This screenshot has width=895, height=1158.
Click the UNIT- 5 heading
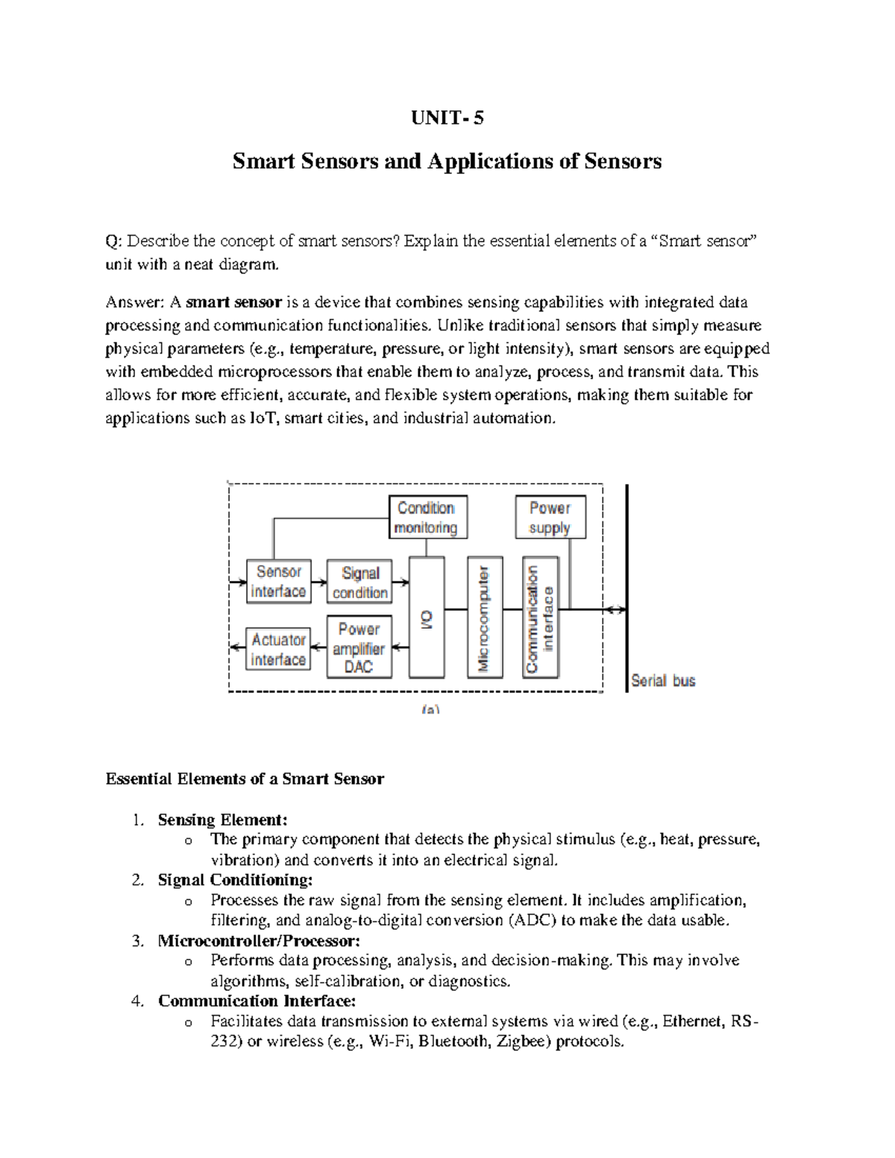[x=447, y=118]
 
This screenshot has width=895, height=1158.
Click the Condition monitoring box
[x=427, y=517]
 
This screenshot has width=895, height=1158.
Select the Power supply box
[x=550, y=517]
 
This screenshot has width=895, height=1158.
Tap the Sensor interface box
[x=278, y=582]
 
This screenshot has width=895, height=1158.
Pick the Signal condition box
[x=359, y=582]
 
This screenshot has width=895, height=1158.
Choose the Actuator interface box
[x=278, y=649]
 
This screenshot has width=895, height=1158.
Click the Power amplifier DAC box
[x=359, y=647]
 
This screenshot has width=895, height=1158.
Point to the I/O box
[x=427, y=617]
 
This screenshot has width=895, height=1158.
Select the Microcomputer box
[x=485, y=617]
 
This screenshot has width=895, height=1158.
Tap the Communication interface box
[x=541, y=617]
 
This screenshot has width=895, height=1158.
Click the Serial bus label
[x=663, y=680]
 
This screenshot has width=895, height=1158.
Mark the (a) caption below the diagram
[x=430, y=710]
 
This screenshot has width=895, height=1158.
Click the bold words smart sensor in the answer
[x=233, y=302]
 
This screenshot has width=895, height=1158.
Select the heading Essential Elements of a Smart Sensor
[x=245, y=779]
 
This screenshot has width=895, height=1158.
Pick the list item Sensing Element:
[x=222, y=820]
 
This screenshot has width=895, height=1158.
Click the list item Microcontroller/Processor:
[x=259, y=941]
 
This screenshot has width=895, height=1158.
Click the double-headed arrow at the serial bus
[x=615, y=610]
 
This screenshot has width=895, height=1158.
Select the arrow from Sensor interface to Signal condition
[x=319, y=582]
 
